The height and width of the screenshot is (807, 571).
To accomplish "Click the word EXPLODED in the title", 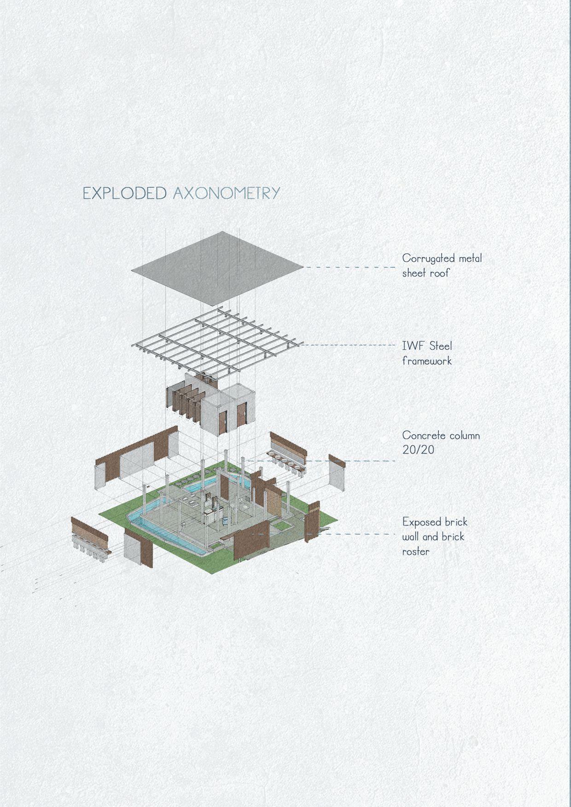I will (124, 193).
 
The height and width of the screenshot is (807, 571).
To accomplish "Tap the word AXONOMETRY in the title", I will (227, 193).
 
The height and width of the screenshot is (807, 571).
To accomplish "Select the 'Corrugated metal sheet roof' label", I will (442, 265).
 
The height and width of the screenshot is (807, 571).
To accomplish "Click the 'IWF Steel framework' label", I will (426, 353).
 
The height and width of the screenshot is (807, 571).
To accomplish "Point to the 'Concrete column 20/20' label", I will (441, 442).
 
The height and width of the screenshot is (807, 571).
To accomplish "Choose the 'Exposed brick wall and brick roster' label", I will (434, 536).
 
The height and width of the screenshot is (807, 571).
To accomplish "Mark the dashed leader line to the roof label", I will (350, 267).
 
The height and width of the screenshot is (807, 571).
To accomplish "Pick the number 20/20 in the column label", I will (418, 450).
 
